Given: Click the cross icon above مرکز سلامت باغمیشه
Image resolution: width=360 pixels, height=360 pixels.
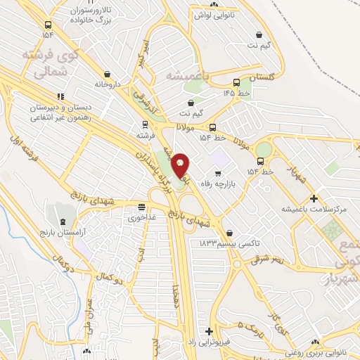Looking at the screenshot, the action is pos(314,199).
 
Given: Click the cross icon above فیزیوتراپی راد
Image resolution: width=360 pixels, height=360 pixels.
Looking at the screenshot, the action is pos(209,330).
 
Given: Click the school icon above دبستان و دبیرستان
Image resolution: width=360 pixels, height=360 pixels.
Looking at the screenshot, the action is pos(61,96).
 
